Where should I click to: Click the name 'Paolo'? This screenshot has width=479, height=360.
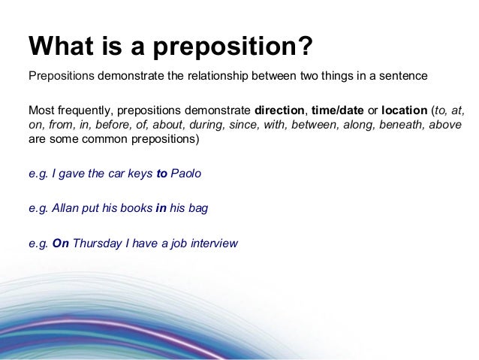(x=186, y=174)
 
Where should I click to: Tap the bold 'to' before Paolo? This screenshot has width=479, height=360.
(x=161, y=174)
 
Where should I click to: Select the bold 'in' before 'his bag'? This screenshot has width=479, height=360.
(x=160, y=208)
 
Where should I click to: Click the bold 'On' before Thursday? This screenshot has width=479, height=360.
(x=60, y=244)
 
